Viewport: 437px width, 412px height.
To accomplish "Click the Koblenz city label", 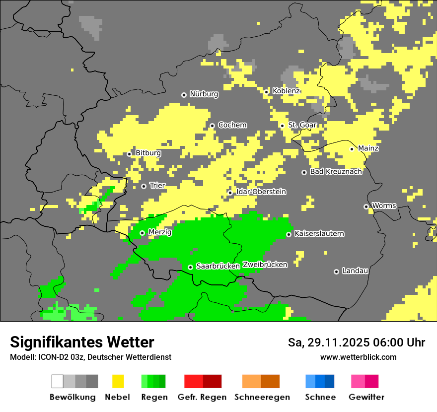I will pos(286,91).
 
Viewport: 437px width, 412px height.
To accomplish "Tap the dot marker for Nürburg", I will pos(184,94).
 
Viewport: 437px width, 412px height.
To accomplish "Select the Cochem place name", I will pos(232,125).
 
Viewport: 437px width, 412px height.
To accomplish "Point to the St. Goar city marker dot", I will pos(282,126).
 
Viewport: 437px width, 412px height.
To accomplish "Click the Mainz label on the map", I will pos(368,148).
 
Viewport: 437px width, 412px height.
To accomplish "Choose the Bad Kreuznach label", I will pos(336,172).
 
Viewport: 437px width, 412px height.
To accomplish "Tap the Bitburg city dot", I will pos(129,154).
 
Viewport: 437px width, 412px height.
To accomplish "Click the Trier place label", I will pos(157,186).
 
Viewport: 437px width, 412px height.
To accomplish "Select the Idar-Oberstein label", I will pos(261,192).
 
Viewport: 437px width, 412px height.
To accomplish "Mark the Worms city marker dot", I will pos(366,206).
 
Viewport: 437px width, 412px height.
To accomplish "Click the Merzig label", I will pos(160,232).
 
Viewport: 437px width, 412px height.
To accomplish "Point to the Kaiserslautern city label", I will pos(319,233).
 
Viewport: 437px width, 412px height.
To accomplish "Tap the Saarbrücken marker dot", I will pos(190,267).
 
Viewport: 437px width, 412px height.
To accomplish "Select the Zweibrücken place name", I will pos(265,265).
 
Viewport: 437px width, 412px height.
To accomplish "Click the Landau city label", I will pos(355,271).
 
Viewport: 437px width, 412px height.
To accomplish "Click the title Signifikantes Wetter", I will pos(82,343).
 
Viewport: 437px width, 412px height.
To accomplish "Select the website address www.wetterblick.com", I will pos(358,357).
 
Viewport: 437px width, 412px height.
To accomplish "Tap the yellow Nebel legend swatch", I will pos(118,381).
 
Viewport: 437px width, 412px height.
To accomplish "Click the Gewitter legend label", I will pos(366,397).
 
